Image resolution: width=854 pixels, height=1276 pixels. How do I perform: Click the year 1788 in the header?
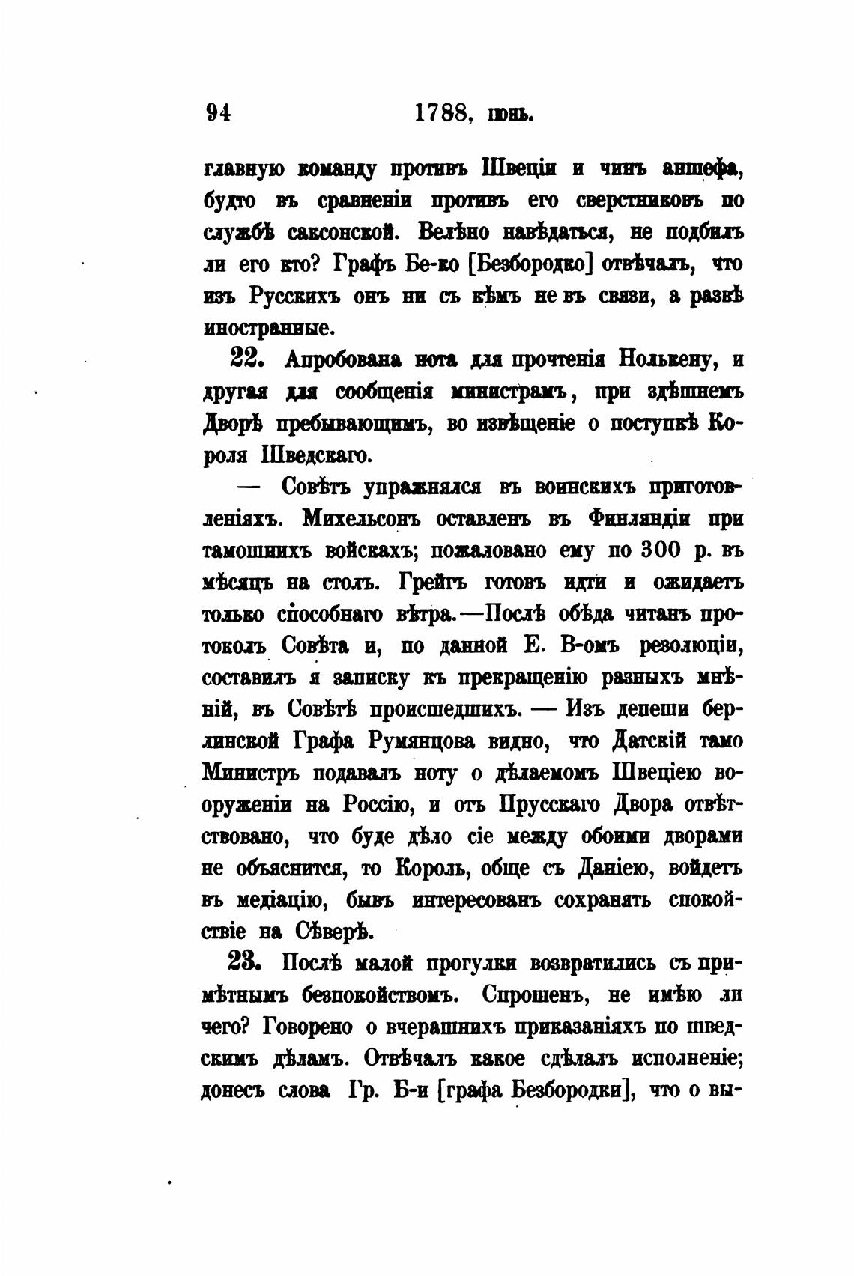442,113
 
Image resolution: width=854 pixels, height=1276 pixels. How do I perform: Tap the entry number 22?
245,359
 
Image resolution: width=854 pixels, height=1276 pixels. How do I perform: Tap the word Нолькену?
664,360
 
